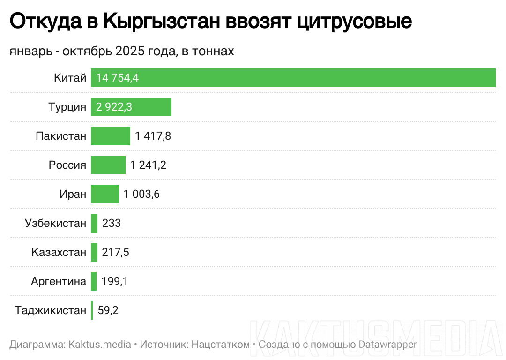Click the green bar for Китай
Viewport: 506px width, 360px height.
293,78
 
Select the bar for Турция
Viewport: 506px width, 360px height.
131,107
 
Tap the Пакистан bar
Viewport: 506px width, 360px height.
111,136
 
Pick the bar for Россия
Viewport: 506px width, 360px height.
108,165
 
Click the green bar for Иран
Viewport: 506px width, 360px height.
105,194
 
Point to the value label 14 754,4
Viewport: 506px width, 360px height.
118,78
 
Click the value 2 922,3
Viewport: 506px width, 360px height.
114,107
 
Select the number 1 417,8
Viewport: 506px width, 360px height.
153,136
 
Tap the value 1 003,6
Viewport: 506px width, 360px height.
142,194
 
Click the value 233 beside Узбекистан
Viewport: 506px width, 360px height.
112,223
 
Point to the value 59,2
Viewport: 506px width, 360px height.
108,310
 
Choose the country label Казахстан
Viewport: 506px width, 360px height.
59,252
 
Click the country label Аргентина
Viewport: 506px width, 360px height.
59,281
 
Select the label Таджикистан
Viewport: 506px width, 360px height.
51,310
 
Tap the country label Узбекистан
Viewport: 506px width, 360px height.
55,223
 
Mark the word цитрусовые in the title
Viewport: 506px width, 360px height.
354,21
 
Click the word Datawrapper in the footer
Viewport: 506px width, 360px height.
387,345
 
